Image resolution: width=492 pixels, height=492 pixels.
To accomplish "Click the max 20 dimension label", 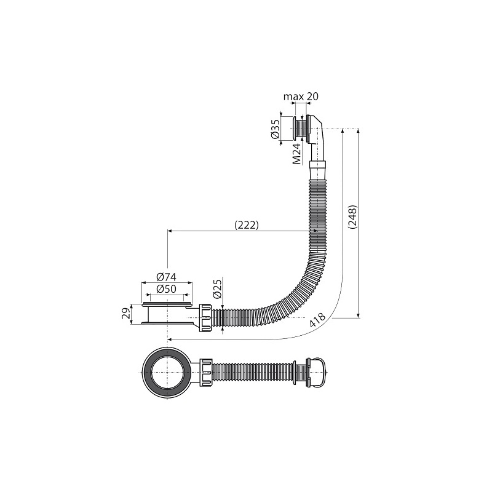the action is (x=301, y=97).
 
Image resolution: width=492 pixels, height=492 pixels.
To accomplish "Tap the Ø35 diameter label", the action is (x=274, y=129).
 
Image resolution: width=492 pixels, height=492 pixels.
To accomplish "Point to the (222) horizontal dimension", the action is (x=247, y=225).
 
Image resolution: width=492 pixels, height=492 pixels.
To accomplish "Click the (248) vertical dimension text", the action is (x=352, y=217).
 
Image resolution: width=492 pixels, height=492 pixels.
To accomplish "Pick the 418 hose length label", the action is (x=317, y=320).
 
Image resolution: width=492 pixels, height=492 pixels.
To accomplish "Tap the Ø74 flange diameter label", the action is (x=167, y=277).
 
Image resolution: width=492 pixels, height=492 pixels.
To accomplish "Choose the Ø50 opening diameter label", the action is (x=167, y=288).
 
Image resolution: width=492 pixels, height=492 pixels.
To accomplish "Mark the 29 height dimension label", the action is (x=125, y=314).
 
